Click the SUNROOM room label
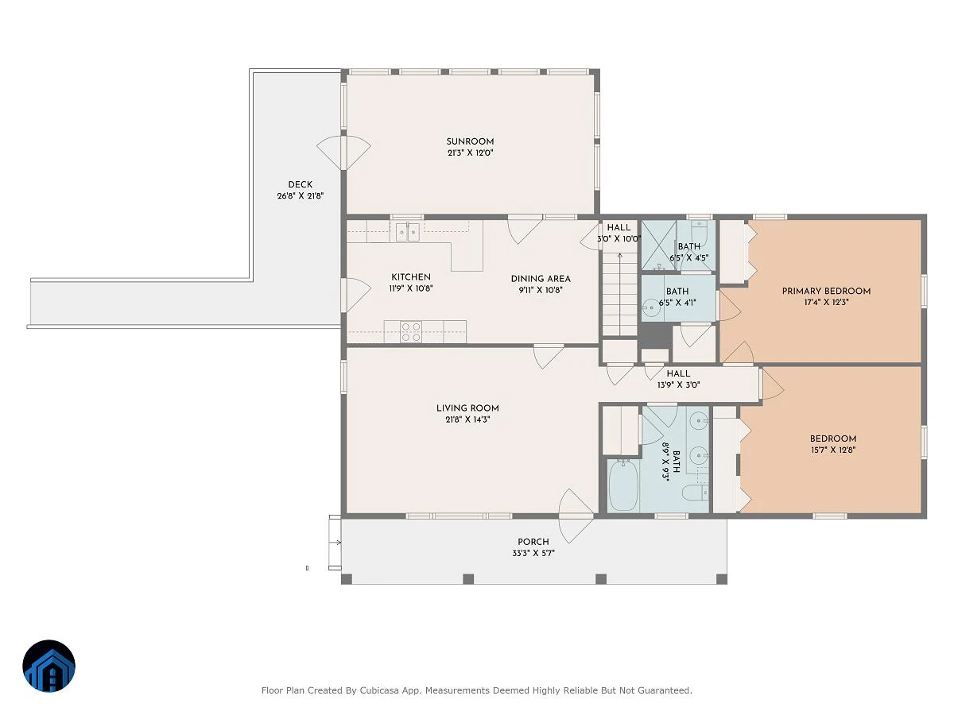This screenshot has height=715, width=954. (x=470, y=141)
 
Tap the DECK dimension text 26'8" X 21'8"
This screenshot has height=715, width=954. (x=301, y=195)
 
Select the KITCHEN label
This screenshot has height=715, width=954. (x=411, y=277)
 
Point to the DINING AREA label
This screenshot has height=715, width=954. (x=541, y=279)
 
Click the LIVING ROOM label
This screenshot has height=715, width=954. (x=467, y=408)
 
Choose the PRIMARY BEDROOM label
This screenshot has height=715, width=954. (x=826, y=291)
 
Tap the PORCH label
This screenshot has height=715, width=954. (x=533, y=542)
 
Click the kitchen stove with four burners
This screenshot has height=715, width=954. (x=411, y=331)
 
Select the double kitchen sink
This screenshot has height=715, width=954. (x=408, y=232)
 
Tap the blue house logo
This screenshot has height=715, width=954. (x=48, y=666)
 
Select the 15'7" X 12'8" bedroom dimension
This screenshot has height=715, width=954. (x=833, y=450)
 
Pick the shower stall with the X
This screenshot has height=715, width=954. (x=659, y=245)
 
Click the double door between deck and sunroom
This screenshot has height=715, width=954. (x=343, y=153)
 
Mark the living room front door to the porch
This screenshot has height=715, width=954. (x=576, y=516)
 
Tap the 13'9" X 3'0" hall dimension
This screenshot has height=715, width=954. (x=678, y=385)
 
